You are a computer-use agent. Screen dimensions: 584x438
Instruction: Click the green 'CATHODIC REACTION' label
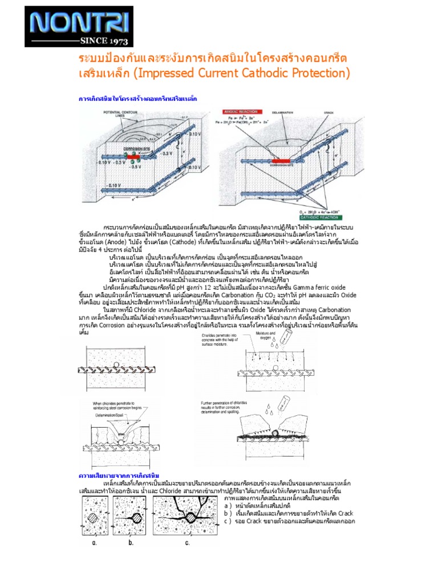[323, 216]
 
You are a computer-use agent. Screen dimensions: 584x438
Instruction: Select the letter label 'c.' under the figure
[188, 542]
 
